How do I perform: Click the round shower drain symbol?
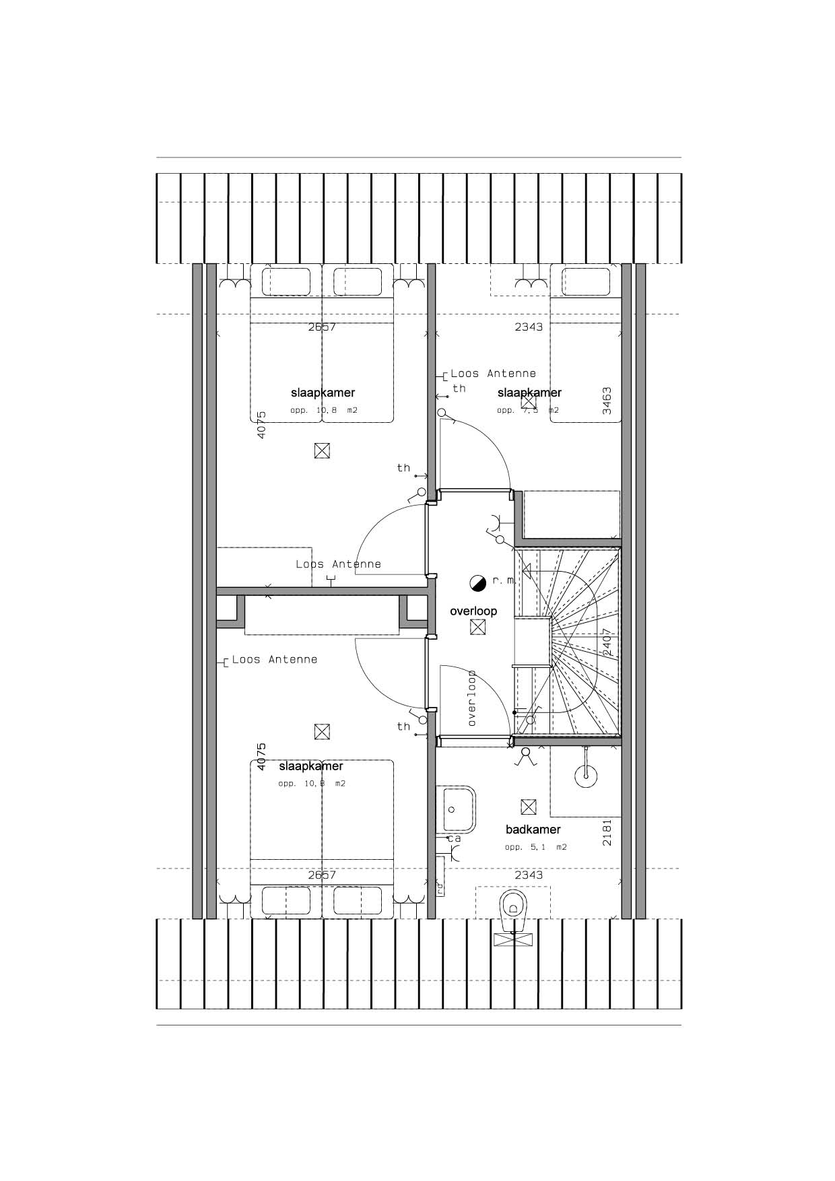click(586, 775)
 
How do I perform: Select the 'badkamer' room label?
click(533, 830)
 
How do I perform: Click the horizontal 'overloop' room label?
click(473, 611)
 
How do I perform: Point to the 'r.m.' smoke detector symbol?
click(477, 582)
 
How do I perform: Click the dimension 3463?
click(607, 400)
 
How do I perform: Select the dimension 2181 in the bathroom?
click(607, 832)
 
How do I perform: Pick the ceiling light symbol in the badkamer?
click(529, 807)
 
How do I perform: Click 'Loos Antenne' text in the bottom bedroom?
click(274, 660)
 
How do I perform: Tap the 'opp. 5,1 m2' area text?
click(535, 847)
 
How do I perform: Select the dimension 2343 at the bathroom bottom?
click(529, 875)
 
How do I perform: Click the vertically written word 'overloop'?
click(472, 698)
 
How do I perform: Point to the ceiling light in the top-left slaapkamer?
click(322, 450)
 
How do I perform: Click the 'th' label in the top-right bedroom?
click(459, 389)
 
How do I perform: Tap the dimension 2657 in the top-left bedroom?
click(322, 327)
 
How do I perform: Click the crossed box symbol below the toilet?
click(514, 940)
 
